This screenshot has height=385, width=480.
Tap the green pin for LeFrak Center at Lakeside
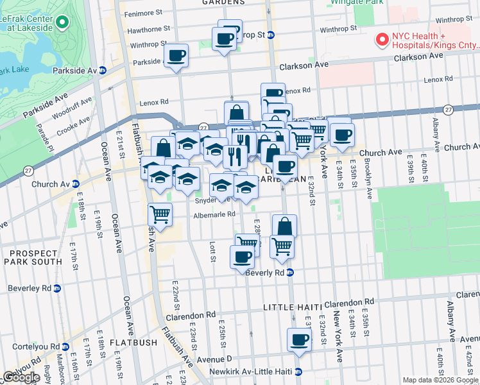click(x=62, y=23)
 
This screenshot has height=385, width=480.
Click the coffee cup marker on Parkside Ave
click(x=176, y=55)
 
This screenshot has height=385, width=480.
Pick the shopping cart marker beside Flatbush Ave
click(x=160, y=213)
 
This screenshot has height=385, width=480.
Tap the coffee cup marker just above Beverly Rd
click(x=242, y=256)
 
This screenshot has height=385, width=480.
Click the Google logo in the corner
click(x=21, y=377)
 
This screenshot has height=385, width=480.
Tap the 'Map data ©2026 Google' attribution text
click(x=440, y=380)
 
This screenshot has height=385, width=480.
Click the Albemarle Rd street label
click(x=215, y=215)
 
